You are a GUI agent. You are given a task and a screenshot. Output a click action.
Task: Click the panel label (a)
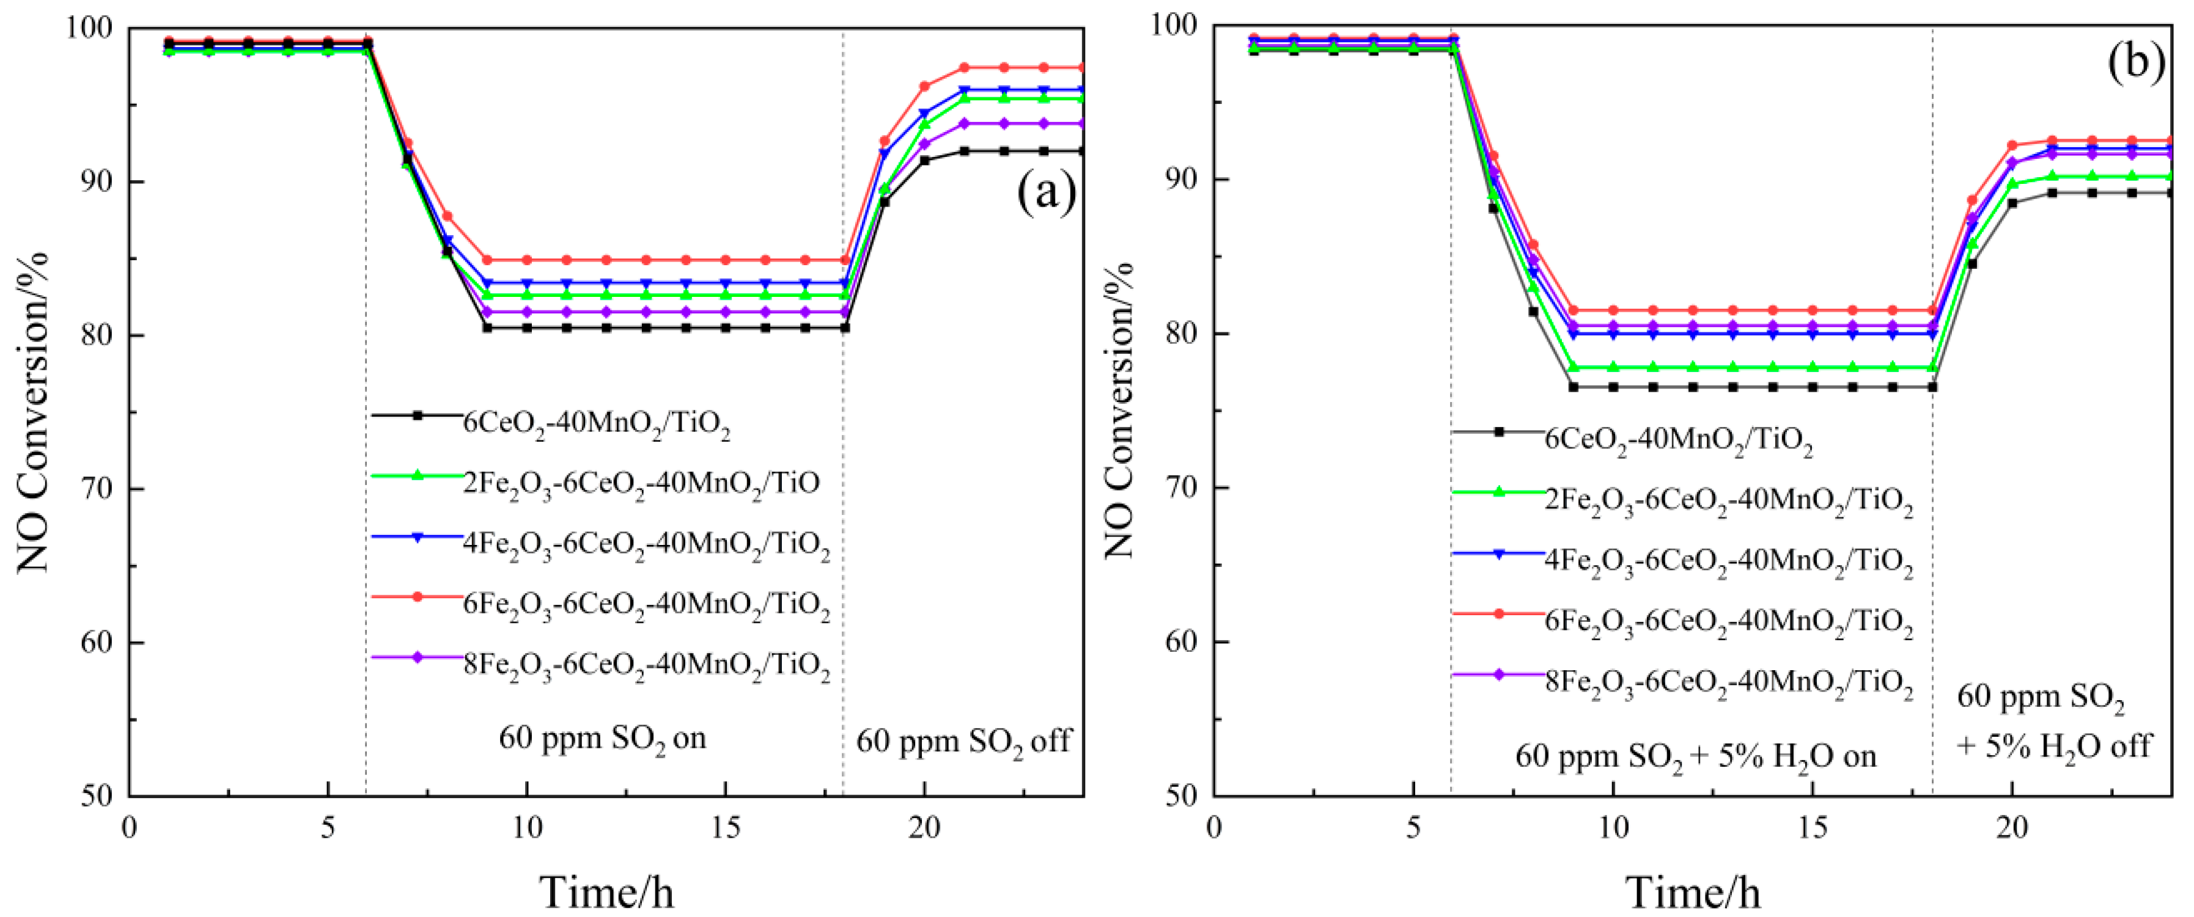(1046, 194)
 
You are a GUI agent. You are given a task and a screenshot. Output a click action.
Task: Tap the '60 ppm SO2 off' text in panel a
(963, 742)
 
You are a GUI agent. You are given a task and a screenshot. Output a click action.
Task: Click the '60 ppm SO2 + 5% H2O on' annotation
(1695, 757)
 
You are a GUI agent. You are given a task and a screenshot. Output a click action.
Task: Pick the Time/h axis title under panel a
(606, 891)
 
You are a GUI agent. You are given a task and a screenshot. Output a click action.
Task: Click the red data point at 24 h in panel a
(1081, 67)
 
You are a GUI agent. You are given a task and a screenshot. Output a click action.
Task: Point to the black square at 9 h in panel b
(1573, 387)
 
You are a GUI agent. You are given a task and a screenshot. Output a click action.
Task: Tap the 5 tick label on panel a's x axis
(328, 828)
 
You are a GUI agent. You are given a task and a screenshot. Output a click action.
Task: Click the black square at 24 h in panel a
(1081, 152)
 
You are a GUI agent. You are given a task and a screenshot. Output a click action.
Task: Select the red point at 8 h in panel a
(447, 216)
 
